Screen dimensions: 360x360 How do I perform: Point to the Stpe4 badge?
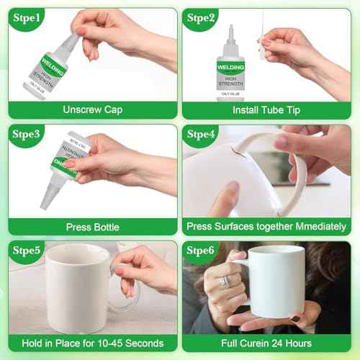[204, 135]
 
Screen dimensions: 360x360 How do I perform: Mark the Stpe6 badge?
[204, 251]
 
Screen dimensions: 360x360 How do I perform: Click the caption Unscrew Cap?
[93, 110]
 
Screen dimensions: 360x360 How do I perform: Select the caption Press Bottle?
[93, 227]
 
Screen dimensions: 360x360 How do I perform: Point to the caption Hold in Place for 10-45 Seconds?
[93, 343]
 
